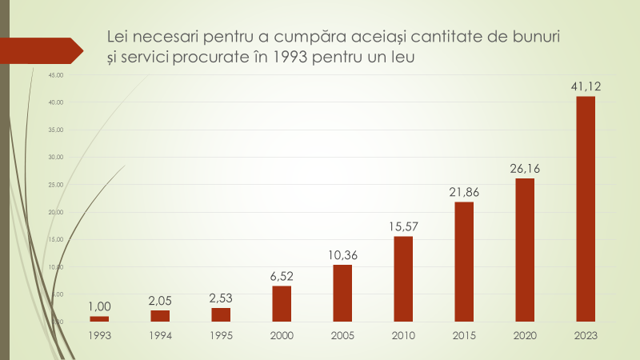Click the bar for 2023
(586, 210)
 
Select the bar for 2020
(525, 250)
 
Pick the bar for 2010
(403, 279)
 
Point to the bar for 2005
(342, 294)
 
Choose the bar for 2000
(282, 304)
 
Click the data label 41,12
(586, 86)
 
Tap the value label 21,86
(464, 191)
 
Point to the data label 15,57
(403, 226)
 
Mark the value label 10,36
(342, 254)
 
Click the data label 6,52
(282, 275)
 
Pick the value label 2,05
(160, 300)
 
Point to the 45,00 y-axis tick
(56, 75)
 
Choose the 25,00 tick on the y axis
(56, 185)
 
